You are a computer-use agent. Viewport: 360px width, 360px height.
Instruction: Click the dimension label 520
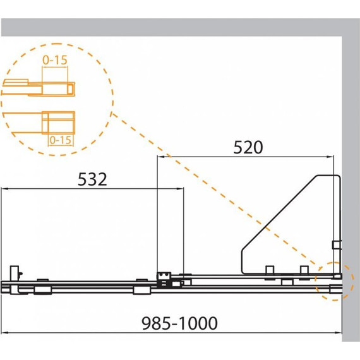(x=248, y=147)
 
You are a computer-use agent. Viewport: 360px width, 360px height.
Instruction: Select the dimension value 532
(x=92, y=179)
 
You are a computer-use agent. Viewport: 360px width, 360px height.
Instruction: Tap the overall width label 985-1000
(x=179, y=323)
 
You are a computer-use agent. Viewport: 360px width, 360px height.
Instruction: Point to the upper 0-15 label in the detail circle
(x=55, y=60)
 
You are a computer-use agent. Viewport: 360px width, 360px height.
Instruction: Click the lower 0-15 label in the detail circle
(x=61, y=140)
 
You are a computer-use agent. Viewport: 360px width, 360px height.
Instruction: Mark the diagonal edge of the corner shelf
(x=279, y=213)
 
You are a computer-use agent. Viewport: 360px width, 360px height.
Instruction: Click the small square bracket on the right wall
(x=337, y=245)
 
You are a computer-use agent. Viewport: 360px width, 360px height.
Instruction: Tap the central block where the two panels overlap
(x=164, y=280)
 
